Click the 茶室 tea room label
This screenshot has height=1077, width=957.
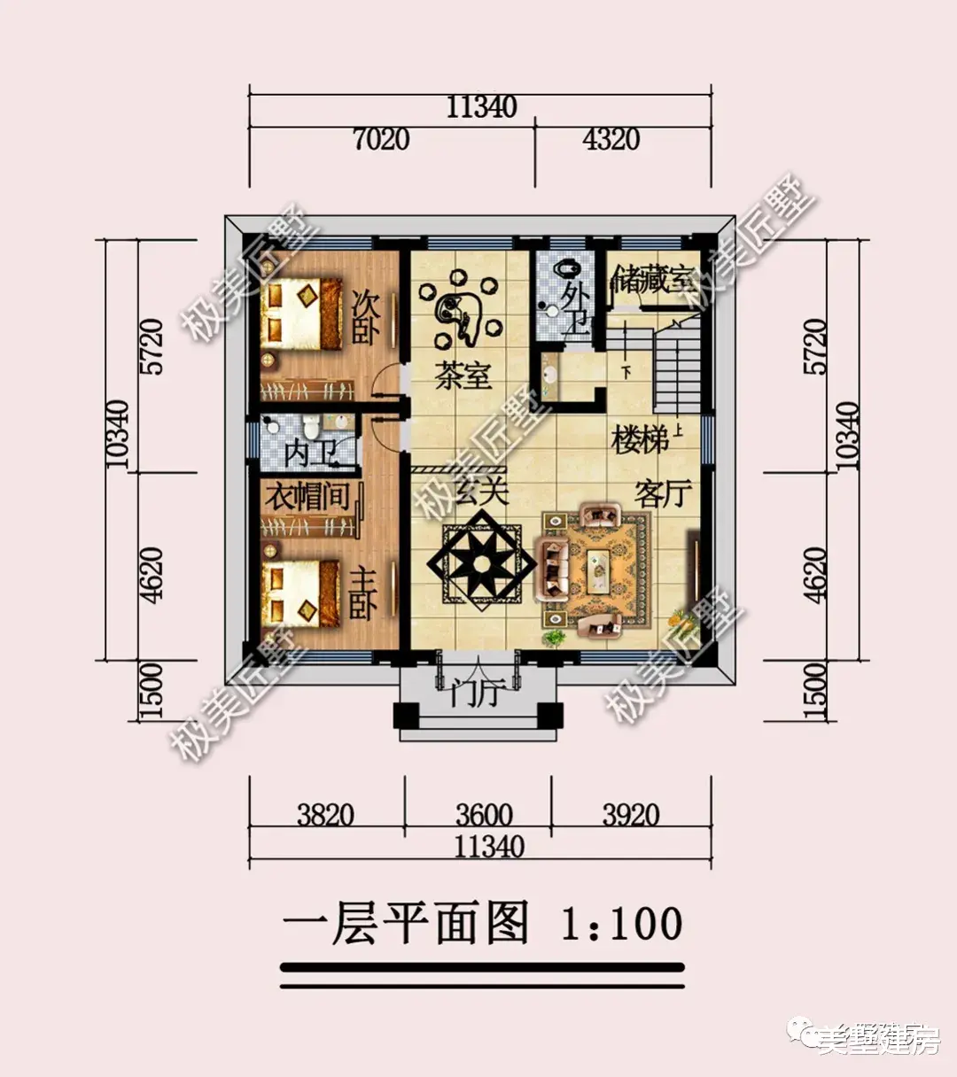(x=463, y=376)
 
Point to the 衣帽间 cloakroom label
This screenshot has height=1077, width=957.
(x=308, y=496)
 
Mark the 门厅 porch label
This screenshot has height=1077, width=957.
(x=475, y=693)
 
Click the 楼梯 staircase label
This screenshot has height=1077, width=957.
(x=640, y=440)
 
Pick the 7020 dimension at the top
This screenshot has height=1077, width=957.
(x=381, y=139)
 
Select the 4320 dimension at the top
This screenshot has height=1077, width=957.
(x=611, y=139)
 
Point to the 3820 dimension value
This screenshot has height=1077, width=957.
(x=325, y=814)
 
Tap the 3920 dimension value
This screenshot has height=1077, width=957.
(x=631, y=814)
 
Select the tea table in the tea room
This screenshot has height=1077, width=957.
(x=459, y=310)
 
